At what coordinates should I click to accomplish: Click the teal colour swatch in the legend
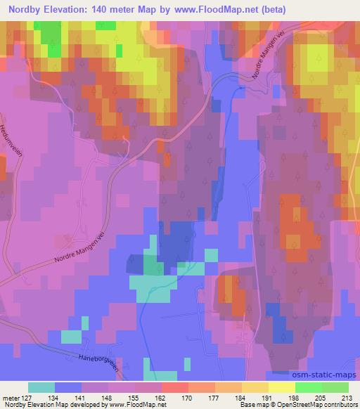pos(41,387)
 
